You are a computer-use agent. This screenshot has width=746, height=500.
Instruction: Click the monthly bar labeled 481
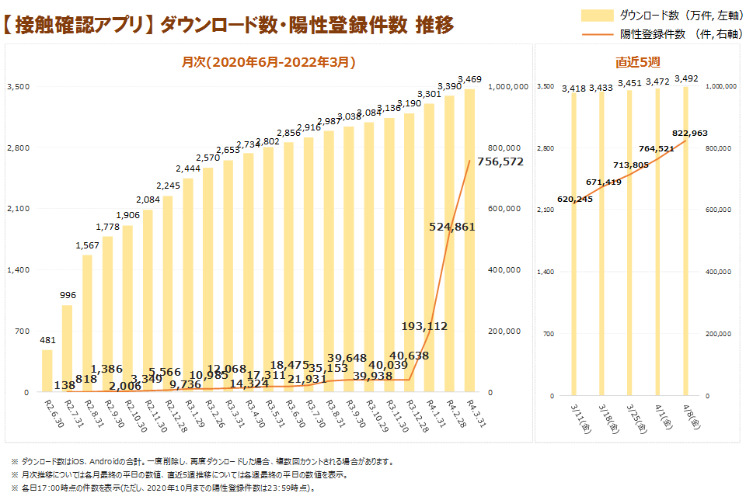pyautogui.click(x=47, y=371)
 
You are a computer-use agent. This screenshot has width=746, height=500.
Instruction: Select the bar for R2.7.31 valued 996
pyautogui.click(x=68, y=349)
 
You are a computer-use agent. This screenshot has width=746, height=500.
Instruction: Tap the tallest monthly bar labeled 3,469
pyautogui.click(x=469, y=241)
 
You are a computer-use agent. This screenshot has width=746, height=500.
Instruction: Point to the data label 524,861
pyautogui.click(x=451, y=226)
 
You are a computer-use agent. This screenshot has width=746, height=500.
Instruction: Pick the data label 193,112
pyautogui.click(x=424, y=326)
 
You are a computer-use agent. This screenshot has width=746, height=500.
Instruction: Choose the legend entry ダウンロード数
pyautogui.click(x=650, y=15)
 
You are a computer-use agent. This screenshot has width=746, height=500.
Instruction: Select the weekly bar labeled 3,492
pyautogui.click(x=685, y=241)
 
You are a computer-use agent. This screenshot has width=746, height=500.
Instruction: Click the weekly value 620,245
pyautogui.click(x=575, y=200)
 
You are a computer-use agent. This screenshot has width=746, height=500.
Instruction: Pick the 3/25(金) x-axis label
pyautogui.click(x=630, y=417)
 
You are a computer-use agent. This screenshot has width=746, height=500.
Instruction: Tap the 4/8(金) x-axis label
pyautogui.click(x=687, y=417)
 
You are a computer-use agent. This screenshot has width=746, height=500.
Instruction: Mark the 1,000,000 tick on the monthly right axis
pyautogui.click(x=508, y=86)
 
